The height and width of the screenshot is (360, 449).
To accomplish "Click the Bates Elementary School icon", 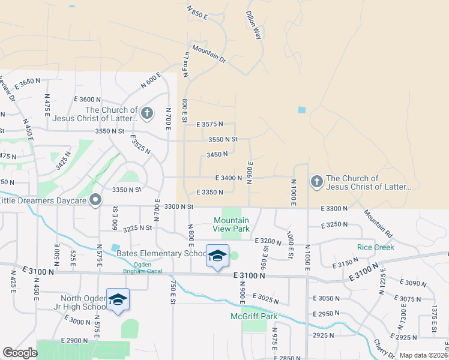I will [217, 256].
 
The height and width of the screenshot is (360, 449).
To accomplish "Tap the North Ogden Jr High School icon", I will [118, 299].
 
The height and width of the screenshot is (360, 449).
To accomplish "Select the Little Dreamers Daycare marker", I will [95, 200].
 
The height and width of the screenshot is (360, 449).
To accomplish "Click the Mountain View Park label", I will [232, 224].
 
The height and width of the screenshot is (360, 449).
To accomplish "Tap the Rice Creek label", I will [375, 247].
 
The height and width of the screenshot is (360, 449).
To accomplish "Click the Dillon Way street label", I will [255, 25].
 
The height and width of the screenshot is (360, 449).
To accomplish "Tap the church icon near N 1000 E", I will [316, 181].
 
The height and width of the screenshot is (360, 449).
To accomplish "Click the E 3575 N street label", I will [209, 124].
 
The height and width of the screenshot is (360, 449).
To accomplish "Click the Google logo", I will [20, 353].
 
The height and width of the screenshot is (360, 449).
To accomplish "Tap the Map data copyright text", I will [423, 355].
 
